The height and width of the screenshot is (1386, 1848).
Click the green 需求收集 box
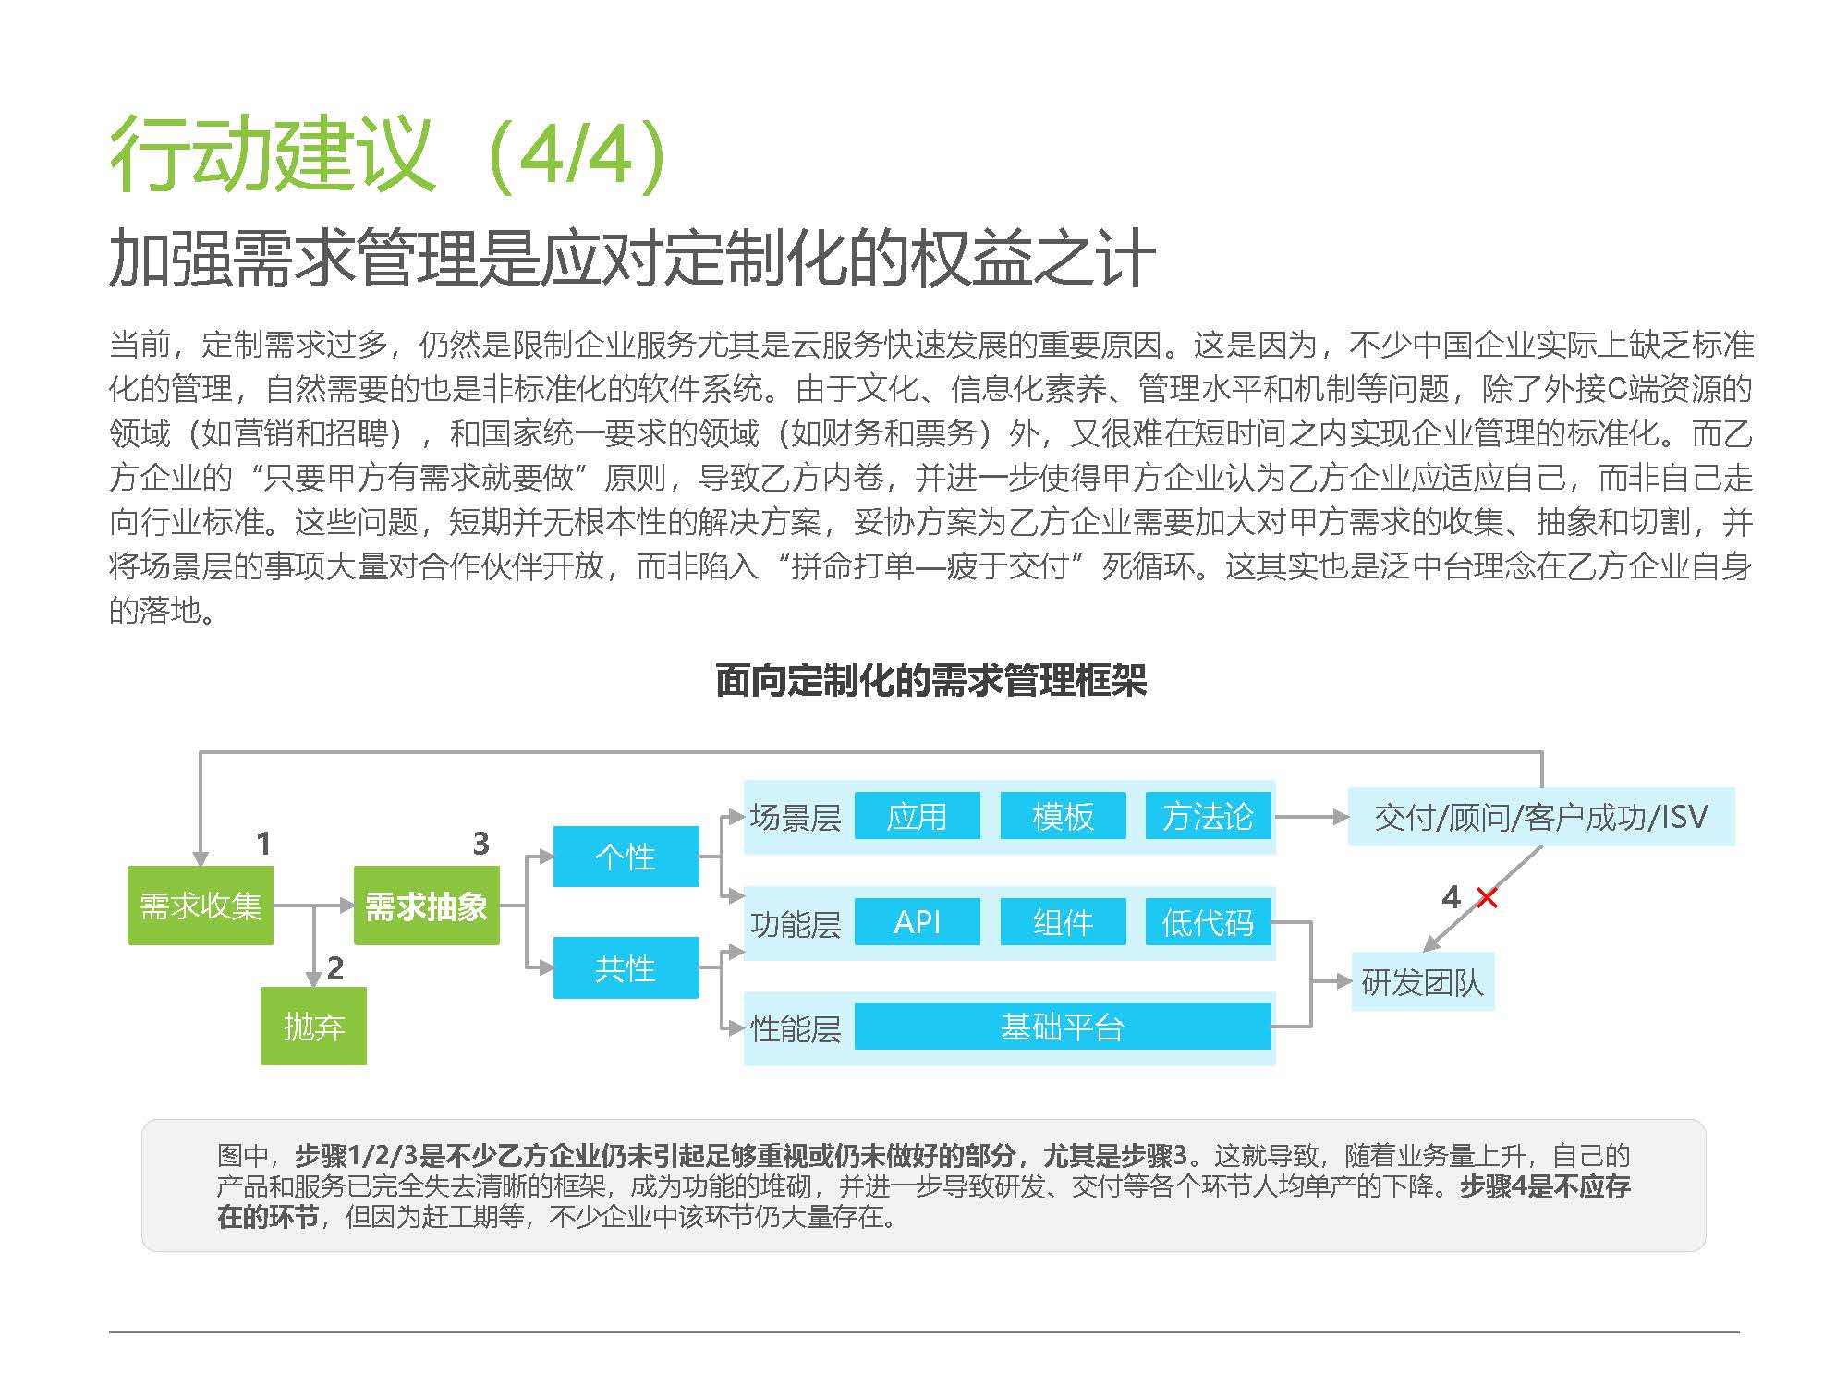click(201, 906)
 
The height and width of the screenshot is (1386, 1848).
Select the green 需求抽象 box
click(427, 906)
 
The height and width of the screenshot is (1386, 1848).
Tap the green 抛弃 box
click(313, 1026)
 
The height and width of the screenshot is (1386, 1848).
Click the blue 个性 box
click(626, 857)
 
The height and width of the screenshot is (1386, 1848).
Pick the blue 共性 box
click(626, 967)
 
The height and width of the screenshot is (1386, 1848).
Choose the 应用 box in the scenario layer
click(918, 816)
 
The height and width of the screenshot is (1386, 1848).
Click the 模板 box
click(1064, 816)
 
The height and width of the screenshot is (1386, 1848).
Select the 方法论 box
click(1209, 816)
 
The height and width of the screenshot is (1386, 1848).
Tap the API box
click(918, 921)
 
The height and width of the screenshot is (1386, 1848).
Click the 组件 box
click(1064, 921)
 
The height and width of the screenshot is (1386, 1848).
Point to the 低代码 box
click(1209, 921)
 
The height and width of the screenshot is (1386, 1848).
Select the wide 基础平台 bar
click(1063, 1026)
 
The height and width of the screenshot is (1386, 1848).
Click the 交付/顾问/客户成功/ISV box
click(1541, 817)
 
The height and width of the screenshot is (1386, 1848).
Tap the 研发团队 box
click(1423, 981)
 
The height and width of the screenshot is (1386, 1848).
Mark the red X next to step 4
click(1487, 897)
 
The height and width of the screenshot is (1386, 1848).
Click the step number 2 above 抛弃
click(335, 967)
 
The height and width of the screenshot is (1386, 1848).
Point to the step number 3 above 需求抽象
click(481, 843)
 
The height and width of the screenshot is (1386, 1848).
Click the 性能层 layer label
click(796, 1027)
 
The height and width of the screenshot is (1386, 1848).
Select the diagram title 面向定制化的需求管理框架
click(931, 681)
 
